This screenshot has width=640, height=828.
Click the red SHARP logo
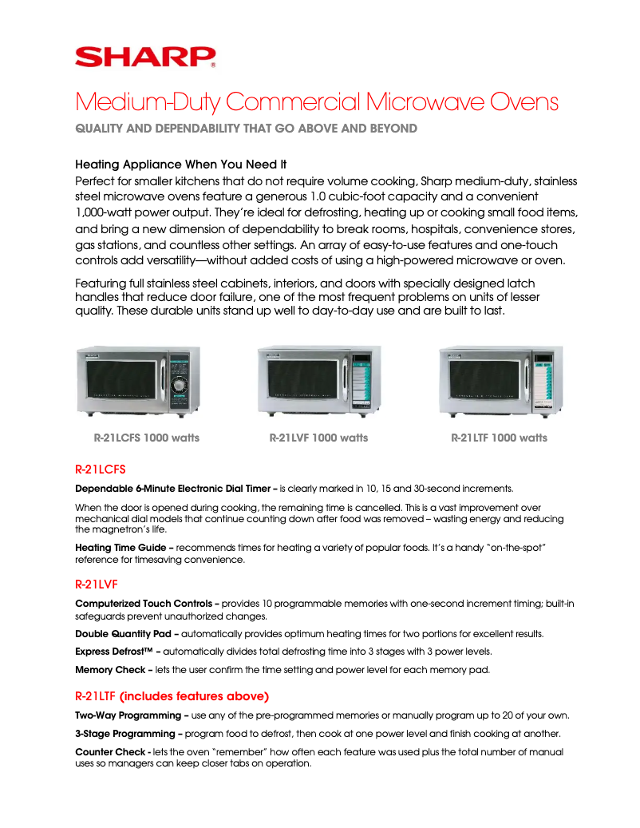click(144, 57)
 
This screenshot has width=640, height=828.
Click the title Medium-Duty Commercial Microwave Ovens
click(316, 103)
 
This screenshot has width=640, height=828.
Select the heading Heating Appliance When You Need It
click(180, 164)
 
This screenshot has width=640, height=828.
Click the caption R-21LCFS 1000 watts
click(147, 438)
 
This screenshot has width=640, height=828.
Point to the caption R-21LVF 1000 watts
click(318, 438)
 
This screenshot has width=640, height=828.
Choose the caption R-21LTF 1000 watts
click(499, 438)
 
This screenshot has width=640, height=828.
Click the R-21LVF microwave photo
click(318, 381)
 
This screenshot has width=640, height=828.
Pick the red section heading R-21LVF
click(96, 584)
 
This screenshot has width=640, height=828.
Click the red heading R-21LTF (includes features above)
click(172, 695)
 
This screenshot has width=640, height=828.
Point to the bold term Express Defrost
click(117, 652)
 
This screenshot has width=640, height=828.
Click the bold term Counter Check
click(110, 752)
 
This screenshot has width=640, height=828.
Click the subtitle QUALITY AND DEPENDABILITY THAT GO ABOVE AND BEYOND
click(246, 129)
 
